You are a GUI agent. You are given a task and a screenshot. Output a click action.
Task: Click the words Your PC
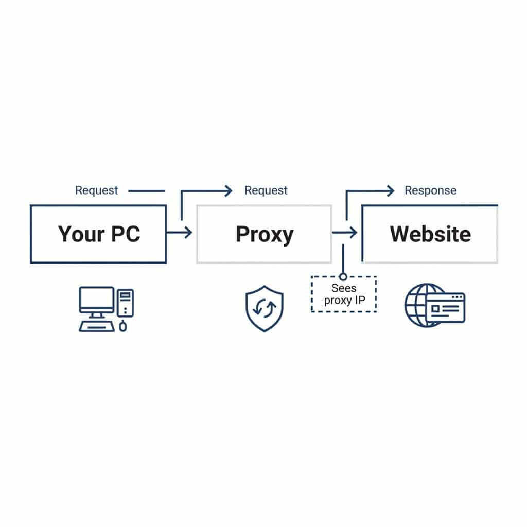tap(98, 234)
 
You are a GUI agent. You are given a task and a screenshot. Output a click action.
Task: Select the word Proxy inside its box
tap(264, 234)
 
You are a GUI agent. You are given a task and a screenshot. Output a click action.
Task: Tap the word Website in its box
tap(430, 234)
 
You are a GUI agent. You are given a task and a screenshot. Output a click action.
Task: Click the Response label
tap(430, 190)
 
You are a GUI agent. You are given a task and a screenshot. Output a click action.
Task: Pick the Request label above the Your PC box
tap(96, 190)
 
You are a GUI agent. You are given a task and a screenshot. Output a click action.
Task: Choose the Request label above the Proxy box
tap(266, 190)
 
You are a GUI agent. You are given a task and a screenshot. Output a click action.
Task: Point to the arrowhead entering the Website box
tap(353, 233)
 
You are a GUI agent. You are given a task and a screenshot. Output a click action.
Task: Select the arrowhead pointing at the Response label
tap(390, 191)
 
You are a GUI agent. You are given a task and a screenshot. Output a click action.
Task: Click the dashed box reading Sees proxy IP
tap(344, 294)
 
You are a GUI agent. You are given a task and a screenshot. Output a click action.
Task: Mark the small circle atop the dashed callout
tap(343, 277)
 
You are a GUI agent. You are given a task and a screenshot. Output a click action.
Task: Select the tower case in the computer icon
tap(125, 303)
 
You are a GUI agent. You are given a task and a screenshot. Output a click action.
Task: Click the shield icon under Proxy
tap(264, 309)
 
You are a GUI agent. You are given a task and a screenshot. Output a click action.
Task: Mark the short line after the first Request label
tap(146, 191)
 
